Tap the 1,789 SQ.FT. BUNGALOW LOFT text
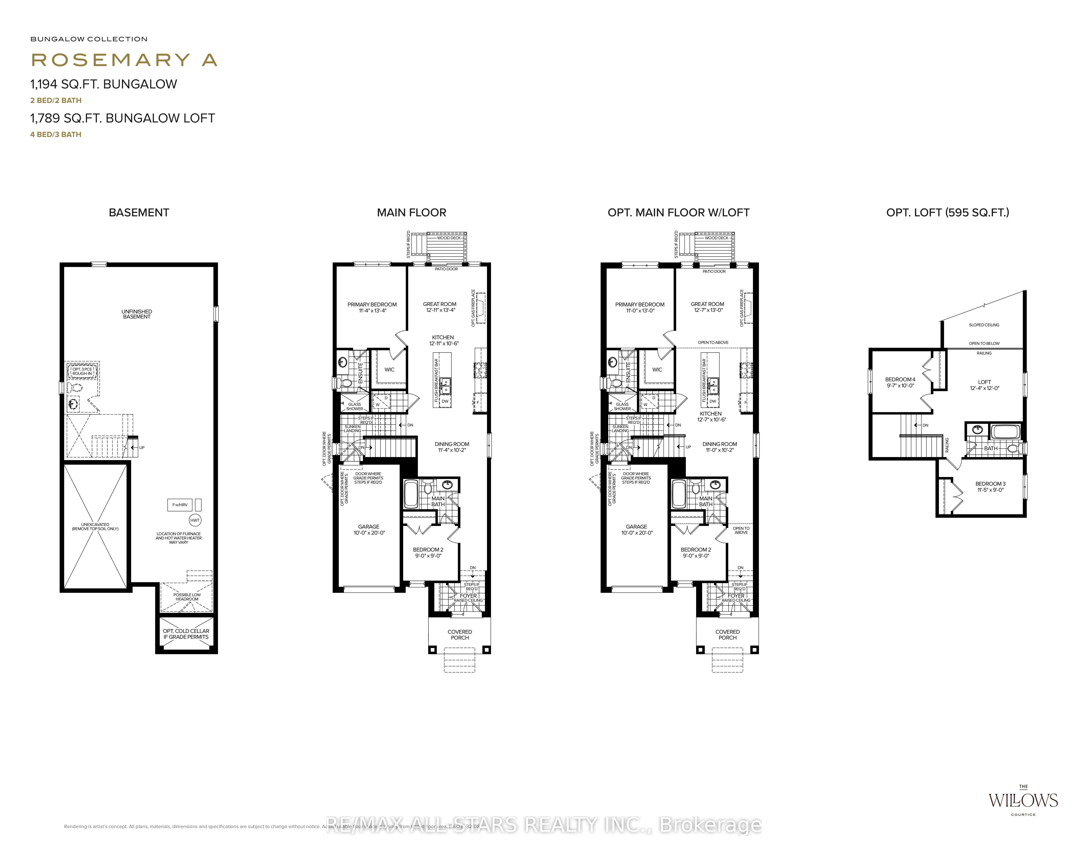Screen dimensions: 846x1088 click(123, 118)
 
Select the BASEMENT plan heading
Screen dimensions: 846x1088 click(139, 213)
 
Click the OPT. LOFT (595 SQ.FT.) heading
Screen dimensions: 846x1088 click(948, 213)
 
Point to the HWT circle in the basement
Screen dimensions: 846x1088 click(195, 520)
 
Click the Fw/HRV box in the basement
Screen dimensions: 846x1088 click(180, 505)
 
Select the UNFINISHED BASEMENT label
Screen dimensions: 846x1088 click(136, 314)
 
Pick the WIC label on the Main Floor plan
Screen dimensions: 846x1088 click(390, 369)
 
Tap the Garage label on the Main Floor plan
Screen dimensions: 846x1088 click(369, 527)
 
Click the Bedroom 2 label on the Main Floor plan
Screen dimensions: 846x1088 click(428, 550)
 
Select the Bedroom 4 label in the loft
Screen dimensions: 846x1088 click(900, 379)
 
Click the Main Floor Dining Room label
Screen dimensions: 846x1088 click(452, 444)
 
